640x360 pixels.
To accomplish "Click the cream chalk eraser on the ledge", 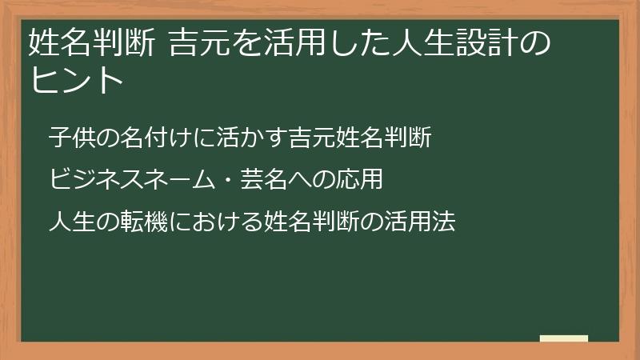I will click(563, 338).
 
